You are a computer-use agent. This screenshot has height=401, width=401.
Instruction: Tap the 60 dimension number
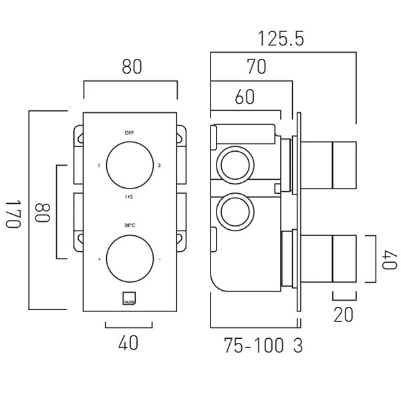click(x=245, y=97)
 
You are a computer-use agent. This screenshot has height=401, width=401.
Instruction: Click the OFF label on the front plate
click(x=129, y=133)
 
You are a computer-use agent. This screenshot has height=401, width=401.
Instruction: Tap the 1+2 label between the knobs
click(x=129, y=197)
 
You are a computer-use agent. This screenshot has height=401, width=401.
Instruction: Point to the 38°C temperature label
click(x=129, y=225)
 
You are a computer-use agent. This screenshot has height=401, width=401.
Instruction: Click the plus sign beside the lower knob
click(x=100, y=259)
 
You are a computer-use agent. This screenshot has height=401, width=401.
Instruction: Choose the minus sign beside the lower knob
click(x=160, y=259)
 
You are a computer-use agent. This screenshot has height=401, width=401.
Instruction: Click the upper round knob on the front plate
click(x=129, y=165)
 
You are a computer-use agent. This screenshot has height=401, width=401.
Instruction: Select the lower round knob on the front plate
click(x=129, y=258)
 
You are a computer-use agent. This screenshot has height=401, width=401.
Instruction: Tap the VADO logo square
click(x=129, y=298)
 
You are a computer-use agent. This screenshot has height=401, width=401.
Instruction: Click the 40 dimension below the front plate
click(x=128, y=344)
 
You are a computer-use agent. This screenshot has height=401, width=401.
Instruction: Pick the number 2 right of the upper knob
click(x=160, y=165)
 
